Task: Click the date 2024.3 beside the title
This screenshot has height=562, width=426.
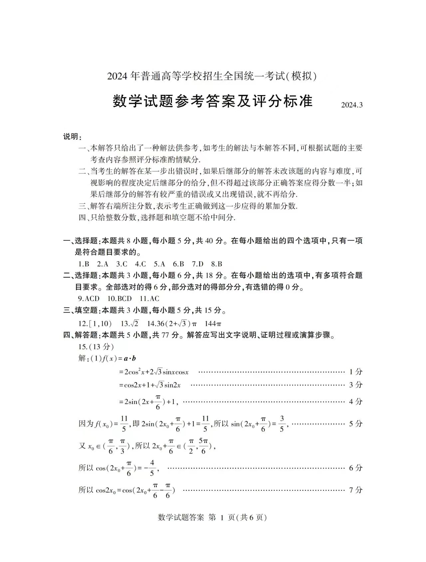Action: tap(351, 105)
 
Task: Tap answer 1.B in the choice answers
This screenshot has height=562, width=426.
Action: tap(84, 264)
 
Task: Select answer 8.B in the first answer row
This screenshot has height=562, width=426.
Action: tap(216, 264)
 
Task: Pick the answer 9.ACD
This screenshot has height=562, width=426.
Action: tap(89, 298)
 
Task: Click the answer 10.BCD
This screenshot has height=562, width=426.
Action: tap(120, 298)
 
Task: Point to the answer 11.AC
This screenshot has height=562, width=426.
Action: tap(149, 298)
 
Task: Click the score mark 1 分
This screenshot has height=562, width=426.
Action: tap(355, 372)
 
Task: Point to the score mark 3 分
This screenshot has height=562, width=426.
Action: tap(355, 385)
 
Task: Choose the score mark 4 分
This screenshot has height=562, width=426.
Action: tap(355, 401)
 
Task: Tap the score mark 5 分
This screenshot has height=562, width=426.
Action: tap(355, 424)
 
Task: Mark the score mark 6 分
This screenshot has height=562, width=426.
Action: tap(355, 468)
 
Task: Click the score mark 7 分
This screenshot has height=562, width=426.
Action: tap(355, 490)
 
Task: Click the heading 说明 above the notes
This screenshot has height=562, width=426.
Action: tap(72, 136)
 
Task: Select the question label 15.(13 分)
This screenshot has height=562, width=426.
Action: tap(96, 347)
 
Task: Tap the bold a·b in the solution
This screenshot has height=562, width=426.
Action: tap(129, 358)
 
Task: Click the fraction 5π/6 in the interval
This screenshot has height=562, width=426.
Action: tap(203, 446)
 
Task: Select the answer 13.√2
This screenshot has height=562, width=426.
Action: tap(130, 323)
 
